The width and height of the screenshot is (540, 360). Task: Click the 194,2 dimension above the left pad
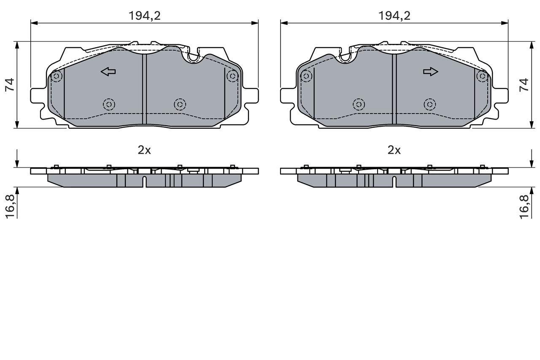point(144,16)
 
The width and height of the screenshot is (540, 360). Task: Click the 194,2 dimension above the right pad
point(394,16)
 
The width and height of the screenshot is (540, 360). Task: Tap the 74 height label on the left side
point(10,85)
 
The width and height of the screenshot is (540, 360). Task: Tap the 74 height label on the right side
point(524,85)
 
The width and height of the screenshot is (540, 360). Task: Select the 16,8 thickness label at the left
point(11,207)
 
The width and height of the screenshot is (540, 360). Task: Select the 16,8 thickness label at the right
point(524,207)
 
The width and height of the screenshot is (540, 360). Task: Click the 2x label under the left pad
point(144,151)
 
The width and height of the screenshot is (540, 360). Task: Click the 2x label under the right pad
point(394,151)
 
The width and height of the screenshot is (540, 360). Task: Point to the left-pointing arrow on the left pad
point(108,72)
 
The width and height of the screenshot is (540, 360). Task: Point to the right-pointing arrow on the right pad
point(431,72)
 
